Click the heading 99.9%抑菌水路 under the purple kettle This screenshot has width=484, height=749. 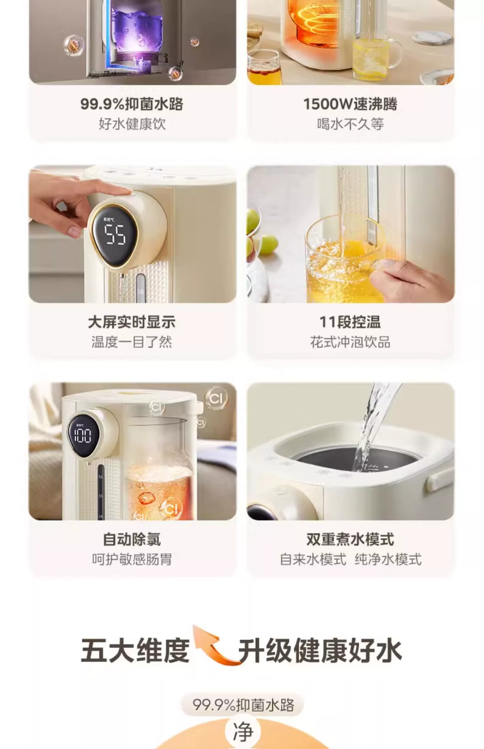pos(132,104)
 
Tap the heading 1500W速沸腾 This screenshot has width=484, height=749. pos(350,104)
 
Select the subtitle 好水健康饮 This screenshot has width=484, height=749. pos(132,124)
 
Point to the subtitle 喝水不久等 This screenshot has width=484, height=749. pos(350,124)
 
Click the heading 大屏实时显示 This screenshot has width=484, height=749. pos(132,322)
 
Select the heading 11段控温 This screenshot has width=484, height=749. pos(350,322)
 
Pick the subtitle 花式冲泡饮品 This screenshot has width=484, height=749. pos(350,342)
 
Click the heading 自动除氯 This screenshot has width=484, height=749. pos(132,539)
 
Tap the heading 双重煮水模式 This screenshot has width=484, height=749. pos(350,539)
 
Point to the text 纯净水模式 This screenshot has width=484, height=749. pos(388,559)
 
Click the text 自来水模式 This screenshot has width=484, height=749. pos(313,559)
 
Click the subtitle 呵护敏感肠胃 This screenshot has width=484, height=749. pos(132,559)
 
